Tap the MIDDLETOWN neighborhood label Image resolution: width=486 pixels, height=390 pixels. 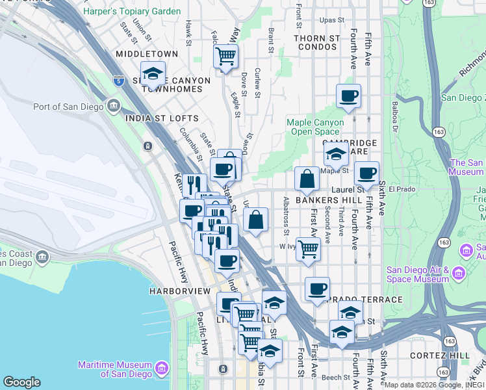coord(146,54)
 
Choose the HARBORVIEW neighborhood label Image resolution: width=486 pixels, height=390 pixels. coord(177,291)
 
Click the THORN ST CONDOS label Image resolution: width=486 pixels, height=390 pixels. coord(316,38)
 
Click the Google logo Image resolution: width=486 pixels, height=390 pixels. coord(21,382)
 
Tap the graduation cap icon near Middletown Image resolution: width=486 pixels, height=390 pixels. coord(153,73)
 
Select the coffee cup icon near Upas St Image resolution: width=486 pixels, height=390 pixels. coord(348,96)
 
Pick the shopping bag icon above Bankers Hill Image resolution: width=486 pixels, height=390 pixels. coord(306,178)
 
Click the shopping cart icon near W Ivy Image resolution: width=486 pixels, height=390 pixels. coord(308,248)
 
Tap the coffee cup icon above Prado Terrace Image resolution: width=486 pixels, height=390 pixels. coord(316,289)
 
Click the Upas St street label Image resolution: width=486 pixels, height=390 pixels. coord(331,20)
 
